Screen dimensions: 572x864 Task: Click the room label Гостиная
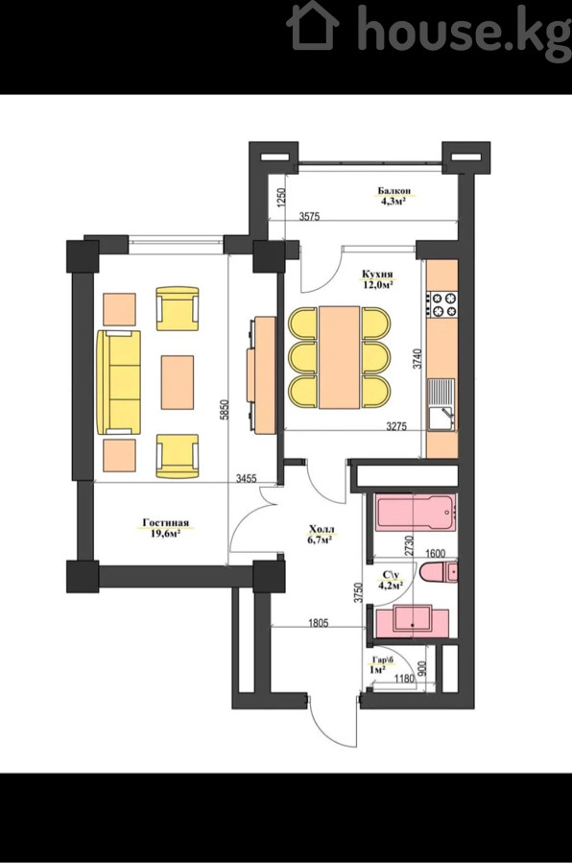165,523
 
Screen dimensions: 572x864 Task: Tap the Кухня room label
377,274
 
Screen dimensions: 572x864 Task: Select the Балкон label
393,191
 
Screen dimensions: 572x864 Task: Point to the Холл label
322,530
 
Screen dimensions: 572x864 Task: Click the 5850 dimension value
224,410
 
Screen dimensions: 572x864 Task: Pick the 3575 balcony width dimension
309,217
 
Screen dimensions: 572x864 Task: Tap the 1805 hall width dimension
318,623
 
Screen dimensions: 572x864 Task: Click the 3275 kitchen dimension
396,426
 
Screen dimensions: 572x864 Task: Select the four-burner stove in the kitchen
441,304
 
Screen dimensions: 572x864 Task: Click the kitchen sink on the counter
441,404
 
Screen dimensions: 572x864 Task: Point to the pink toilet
439,572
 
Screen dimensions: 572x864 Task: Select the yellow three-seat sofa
119,382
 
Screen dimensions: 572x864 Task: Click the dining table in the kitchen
340,357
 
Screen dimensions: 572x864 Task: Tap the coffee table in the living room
178,382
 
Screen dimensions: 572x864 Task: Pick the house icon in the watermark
313,26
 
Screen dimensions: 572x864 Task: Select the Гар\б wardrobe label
384,660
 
